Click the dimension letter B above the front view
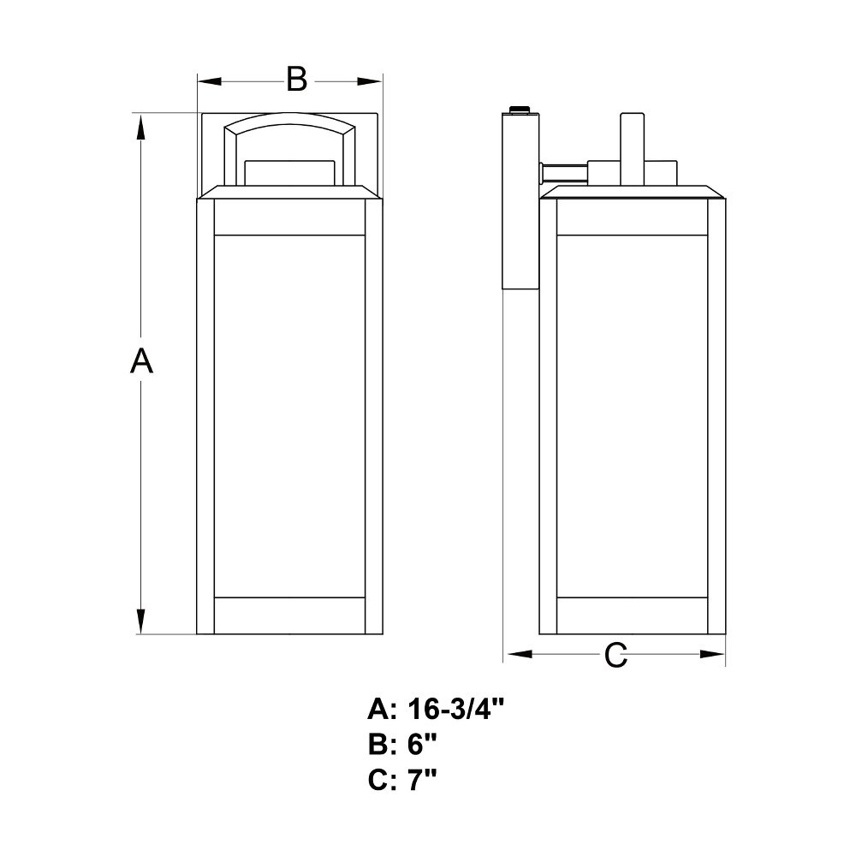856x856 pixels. (296, 80)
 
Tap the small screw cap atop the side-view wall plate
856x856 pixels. (520, 109)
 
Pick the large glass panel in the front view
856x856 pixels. (289, 415)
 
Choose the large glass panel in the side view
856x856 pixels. (633, 415)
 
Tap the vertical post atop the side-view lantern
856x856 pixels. (631, 146)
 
